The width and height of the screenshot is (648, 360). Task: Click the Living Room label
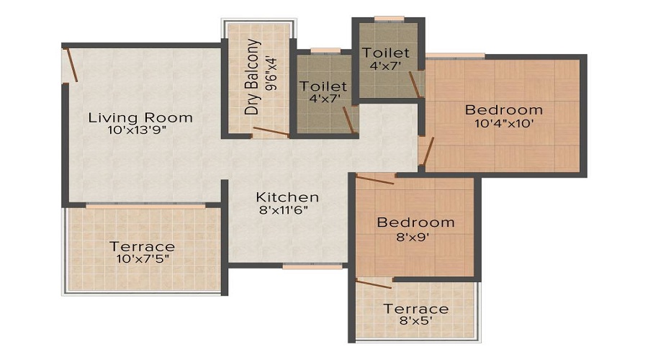tap(140, 117)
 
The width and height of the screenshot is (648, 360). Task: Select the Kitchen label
tap(287, 197)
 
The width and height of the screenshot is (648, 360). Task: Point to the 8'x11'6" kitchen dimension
tap(287, 211)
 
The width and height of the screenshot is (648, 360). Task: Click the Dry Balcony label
tap(252, 86)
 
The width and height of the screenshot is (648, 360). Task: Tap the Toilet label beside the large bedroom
tap(387, 53)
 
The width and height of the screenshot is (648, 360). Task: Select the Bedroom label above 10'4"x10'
tap(503, 109)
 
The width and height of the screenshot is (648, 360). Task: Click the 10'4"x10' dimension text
tap(503, 123)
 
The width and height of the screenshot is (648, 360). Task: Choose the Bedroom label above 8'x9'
tap(415, 222)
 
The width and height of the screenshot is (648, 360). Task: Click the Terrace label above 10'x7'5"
tap(142, 246)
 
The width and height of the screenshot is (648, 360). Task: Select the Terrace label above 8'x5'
tap(415, 309)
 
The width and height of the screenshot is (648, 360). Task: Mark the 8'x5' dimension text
tap(415, 321)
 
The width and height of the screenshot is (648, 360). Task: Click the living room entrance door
tap(71, 64)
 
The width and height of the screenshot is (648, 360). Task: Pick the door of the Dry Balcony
tap(270, 132)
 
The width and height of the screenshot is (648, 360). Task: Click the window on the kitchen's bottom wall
tap(302, 266)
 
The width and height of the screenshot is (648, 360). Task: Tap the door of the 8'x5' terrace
tap(374, 283)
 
